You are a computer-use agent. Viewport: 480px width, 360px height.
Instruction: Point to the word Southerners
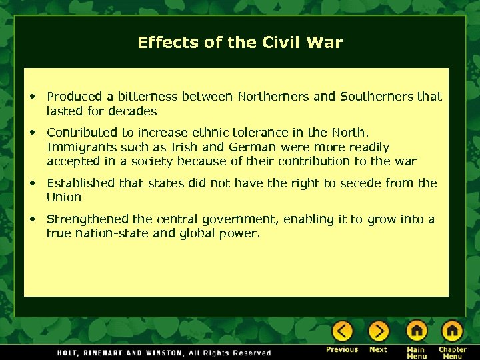click(x=377, y=97)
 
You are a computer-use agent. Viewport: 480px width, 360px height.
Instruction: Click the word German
click(x=255, y=147)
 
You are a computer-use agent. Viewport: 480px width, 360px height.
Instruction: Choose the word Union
click(x=64, y=197)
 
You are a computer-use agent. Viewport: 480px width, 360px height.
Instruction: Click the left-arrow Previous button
click(x=342, y=331)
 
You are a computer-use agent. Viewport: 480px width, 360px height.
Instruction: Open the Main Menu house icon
click(x=417, y=331)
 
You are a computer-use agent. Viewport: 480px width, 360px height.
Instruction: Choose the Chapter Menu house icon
click(x=452, y=331)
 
